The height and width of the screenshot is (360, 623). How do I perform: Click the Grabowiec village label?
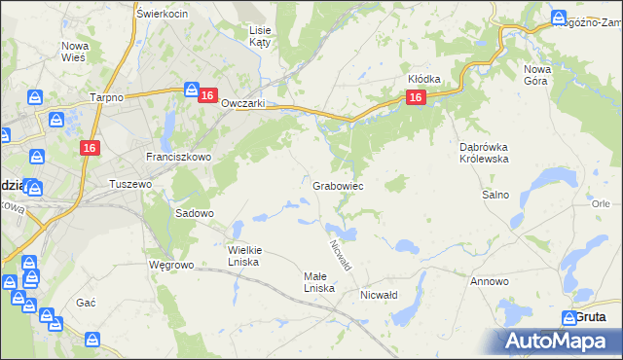[338, 185]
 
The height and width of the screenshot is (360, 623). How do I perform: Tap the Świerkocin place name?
[162, 14]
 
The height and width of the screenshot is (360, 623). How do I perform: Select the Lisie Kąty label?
[260, 37]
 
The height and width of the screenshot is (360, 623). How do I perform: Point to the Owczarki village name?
[243, 104]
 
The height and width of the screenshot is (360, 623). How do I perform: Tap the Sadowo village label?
[194, 212]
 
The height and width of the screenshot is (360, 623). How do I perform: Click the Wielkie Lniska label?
[244, 255]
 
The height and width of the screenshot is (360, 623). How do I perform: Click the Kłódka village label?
[424, 79]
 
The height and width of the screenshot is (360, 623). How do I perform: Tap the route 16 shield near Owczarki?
[207, 94]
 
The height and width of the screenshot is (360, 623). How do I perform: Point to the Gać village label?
[86, 303]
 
